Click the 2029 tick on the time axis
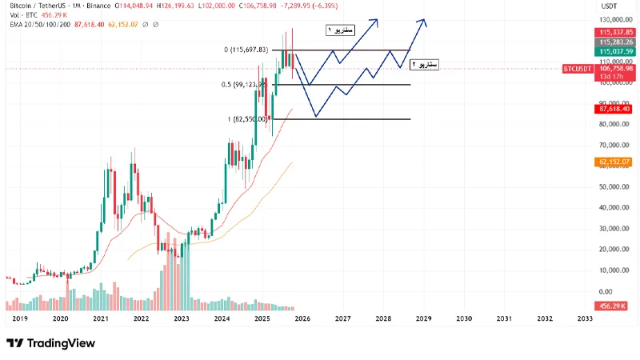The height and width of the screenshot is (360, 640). pos(423,318)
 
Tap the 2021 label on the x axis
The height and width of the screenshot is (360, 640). pos(100,318)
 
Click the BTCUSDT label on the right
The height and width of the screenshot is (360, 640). pos(577,69)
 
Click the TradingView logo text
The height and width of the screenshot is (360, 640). pos(61,343)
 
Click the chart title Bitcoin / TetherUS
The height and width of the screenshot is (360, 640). pos(34,5)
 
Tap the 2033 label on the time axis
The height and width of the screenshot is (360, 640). pos(584,318)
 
